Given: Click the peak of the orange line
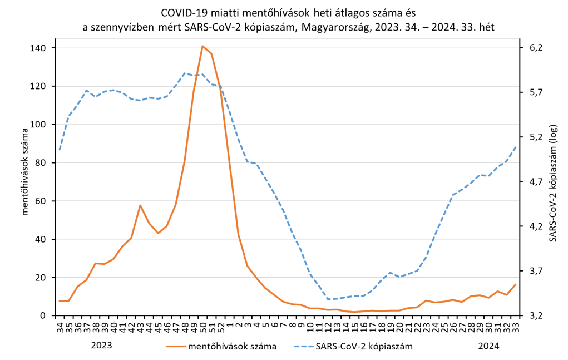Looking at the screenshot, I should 202,46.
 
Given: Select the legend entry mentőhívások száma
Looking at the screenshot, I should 233,347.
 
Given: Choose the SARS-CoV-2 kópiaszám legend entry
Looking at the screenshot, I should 364,347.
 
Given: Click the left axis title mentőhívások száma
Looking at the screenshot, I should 24,170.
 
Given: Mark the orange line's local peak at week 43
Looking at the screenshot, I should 140,205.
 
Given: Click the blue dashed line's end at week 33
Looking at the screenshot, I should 516,146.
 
